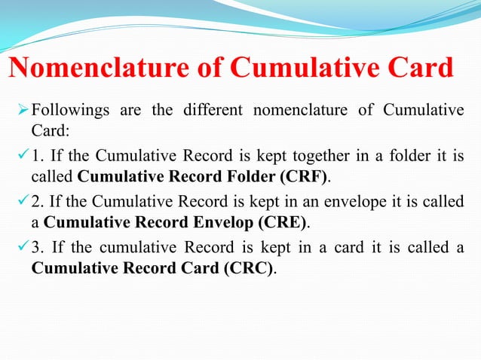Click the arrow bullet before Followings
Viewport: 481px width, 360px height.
pyautogui.click(x=23, y=111)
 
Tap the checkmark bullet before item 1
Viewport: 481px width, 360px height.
pyautogui.click(x=23, y=157)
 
